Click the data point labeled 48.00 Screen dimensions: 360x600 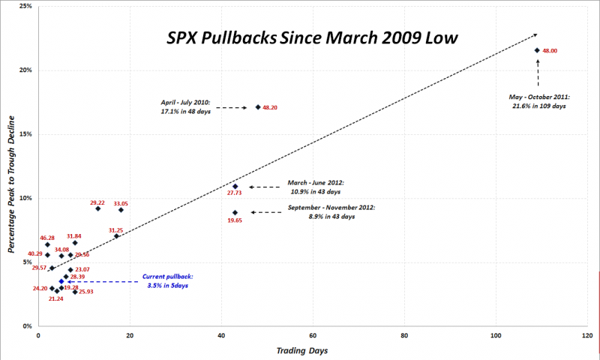coord(537,50)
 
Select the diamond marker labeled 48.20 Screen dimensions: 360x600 coord(258,107)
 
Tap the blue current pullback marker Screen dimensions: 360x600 coord(61,281)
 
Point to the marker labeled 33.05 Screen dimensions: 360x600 coord(121,210)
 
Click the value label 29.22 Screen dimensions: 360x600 coord(97,202)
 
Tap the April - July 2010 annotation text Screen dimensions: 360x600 coord(184,106)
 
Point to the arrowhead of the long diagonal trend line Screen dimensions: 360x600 coord(537,34)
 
